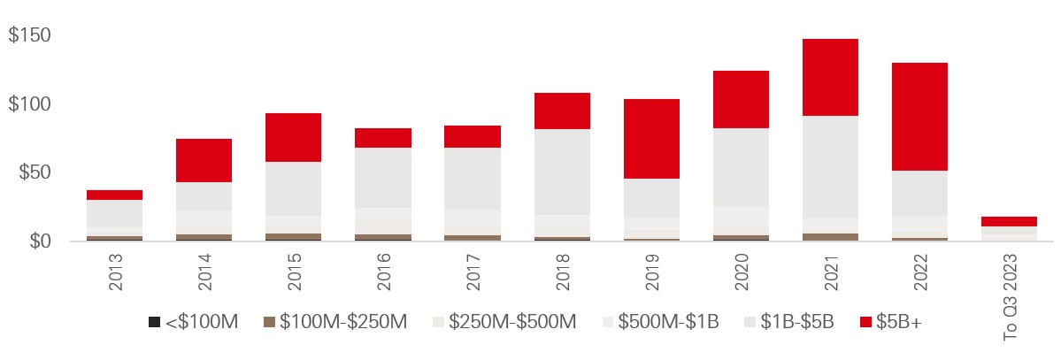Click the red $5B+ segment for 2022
920,117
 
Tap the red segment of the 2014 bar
204,160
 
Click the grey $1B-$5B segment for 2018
562,172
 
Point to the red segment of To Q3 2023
1010,221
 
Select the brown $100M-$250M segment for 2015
293,236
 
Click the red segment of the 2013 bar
114,195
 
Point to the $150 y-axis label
29,36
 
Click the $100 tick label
29,104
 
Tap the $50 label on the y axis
34,172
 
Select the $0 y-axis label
38,241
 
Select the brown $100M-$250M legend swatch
269,322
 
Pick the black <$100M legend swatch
154,322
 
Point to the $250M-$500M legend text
513,322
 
